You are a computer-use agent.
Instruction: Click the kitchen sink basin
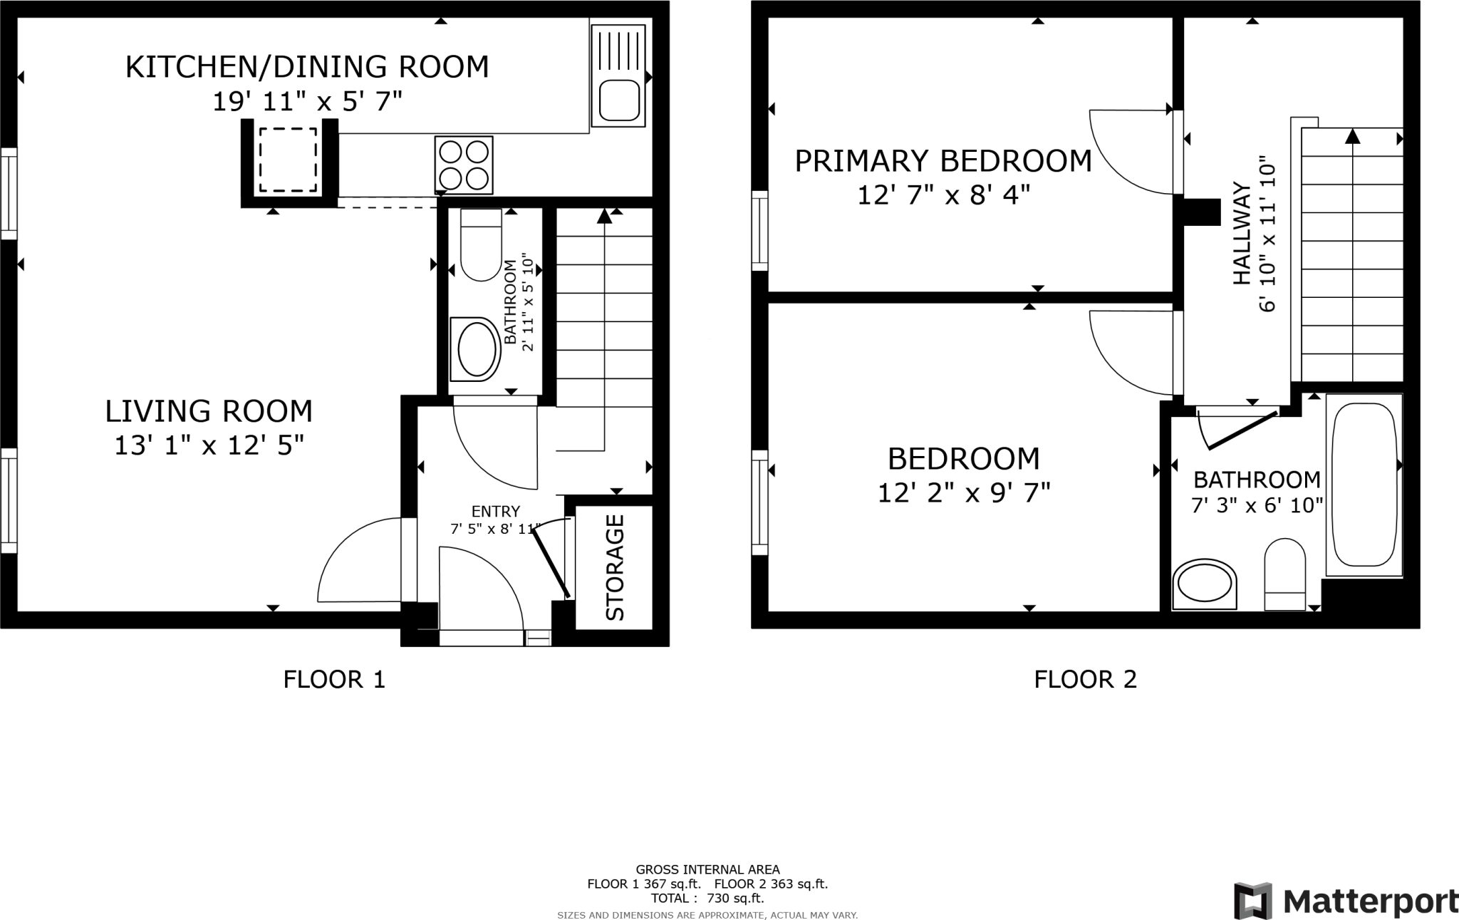coord(618,100)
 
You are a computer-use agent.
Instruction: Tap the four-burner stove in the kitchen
coord(464,165)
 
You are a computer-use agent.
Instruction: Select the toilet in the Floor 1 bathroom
coord(482,244)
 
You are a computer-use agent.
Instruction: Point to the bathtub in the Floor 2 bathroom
coord(1364,485)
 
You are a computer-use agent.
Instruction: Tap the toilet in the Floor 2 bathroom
coord(1285,574)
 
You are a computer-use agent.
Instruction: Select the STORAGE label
coord(614,567)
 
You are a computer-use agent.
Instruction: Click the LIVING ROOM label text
coord(209,411)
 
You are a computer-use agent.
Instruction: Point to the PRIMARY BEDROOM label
coord(943,161)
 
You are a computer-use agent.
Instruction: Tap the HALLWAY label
coord(1242,234)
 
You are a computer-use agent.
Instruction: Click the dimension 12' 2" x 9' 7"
coord(964,492)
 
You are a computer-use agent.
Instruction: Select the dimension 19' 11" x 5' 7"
coord(308,102)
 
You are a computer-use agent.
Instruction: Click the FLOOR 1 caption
coord(334,680)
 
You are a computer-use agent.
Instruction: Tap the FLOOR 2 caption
coord(1085,680)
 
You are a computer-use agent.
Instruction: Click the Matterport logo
coord(1346,901)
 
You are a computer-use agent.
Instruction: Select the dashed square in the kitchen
coord(288,160)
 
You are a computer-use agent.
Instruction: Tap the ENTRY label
coord(496,511)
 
